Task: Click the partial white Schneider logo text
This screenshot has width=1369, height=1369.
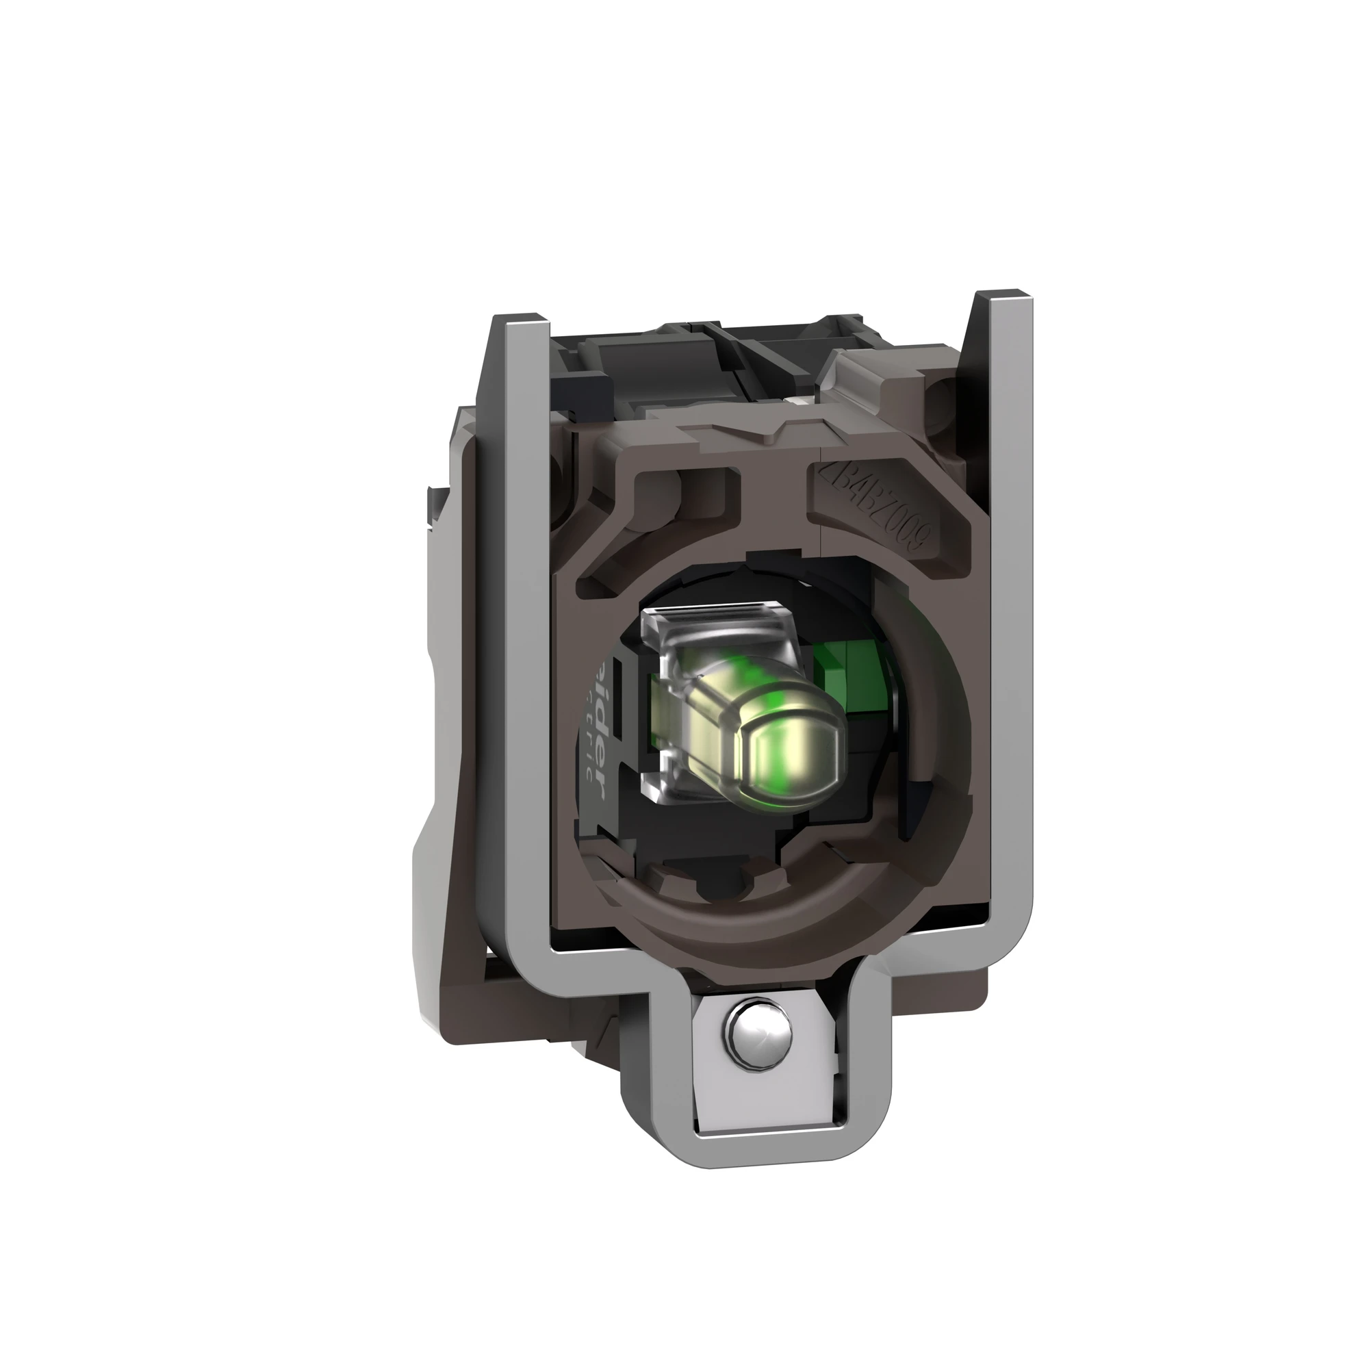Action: (598, 717)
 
